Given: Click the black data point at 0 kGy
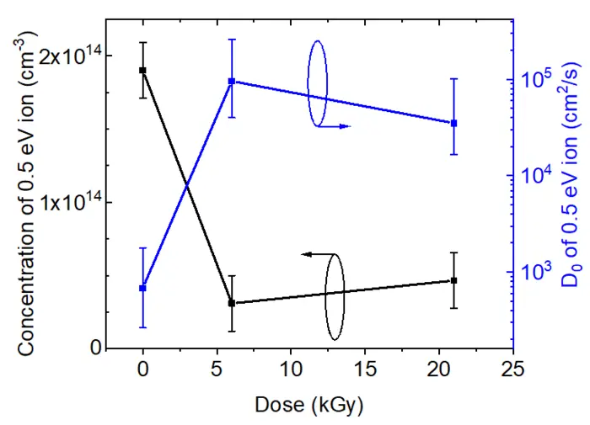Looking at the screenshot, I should click(143, 70).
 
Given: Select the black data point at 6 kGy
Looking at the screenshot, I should click(232, 303).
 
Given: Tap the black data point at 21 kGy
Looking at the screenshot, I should click(453, 280).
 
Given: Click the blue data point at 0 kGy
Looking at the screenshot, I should click(143, 288).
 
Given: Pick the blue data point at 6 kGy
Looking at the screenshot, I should click(232, 81).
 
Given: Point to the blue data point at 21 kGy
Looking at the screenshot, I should click(453, 123).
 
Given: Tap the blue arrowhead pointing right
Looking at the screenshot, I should click(345, 126).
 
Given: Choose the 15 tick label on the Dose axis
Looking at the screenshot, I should click(364, 370).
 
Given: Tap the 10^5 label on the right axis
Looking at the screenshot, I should click(536, 80).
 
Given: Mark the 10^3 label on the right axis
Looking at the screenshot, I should click(536, 272).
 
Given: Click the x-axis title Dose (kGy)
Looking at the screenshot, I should click(308, 405).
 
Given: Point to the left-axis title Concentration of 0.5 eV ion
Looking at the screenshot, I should click(25, 202).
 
